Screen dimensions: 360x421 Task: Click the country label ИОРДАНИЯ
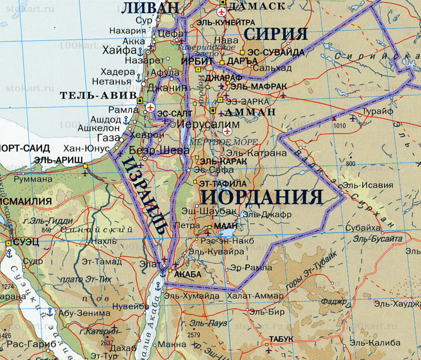[x=262, y=197]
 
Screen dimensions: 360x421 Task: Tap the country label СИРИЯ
[x=276, y=34]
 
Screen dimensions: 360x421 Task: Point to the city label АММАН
[x=250, y=112]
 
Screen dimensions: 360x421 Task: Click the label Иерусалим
[x=203, y=124]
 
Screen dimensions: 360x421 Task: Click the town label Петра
[x=187, y=225]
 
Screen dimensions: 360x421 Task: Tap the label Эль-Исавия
[x=368, y=185]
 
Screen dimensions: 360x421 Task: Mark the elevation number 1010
[x=340, y=126]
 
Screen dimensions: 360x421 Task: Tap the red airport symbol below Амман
[x=227, y=131]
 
